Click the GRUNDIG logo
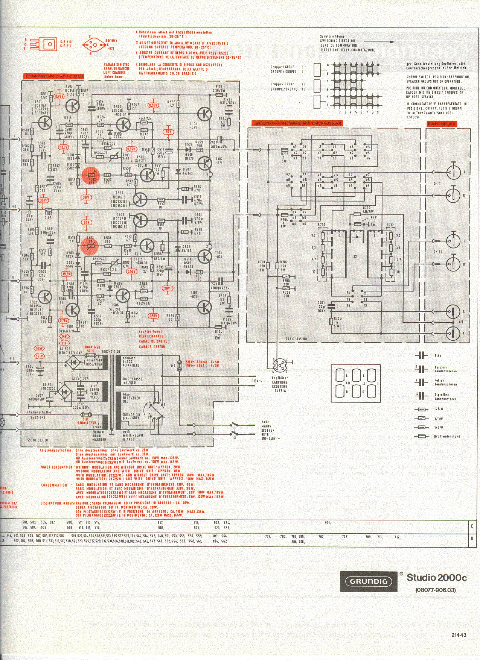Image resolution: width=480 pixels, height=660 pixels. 369,581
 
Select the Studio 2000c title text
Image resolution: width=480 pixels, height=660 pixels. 437,577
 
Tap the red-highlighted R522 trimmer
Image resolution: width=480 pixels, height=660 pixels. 90,174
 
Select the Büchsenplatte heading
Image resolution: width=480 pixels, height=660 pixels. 441,123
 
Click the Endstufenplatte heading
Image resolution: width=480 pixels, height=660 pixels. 54,76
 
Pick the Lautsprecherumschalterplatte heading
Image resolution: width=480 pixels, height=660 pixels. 297,123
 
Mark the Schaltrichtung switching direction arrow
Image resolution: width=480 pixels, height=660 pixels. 376,42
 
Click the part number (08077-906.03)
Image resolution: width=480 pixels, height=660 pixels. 435,590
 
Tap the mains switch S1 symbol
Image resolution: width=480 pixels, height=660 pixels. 235,429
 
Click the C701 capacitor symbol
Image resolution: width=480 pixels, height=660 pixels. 331,306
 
